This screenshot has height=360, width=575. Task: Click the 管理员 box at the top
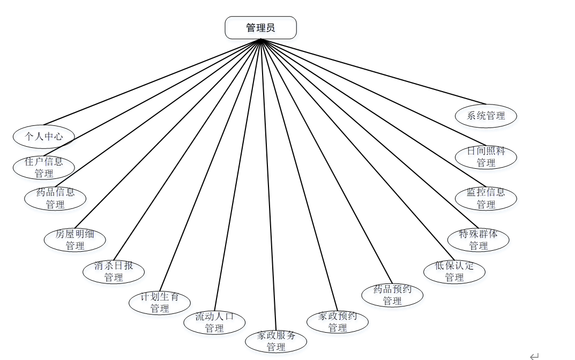260,28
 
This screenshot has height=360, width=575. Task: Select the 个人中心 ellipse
44,136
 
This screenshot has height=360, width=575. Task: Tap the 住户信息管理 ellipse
44,167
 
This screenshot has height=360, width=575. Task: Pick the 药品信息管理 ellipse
55,198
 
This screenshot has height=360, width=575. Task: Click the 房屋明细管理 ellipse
75,240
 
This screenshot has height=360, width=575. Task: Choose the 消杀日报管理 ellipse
114,271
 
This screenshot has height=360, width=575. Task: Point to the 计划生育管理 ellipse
160,303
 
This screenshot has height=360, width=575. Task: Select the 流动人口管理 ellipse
214,322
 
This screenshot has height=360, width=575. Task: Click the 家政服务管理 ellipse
276,341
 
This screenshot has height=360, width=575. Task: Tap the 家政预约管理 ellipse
338,321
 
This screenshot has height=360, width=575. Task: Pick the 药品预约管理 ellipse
392,295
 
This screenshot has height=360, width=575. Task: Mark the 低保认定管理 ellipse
454,271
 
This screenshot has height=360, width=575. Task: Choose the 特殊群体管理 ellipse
479,239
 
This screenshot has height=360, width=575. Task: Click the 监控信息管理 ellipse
486,198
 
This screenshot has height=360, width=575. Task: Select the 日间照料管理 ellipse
486,157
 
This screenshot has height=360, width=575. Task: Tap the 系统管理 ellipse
486,116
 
